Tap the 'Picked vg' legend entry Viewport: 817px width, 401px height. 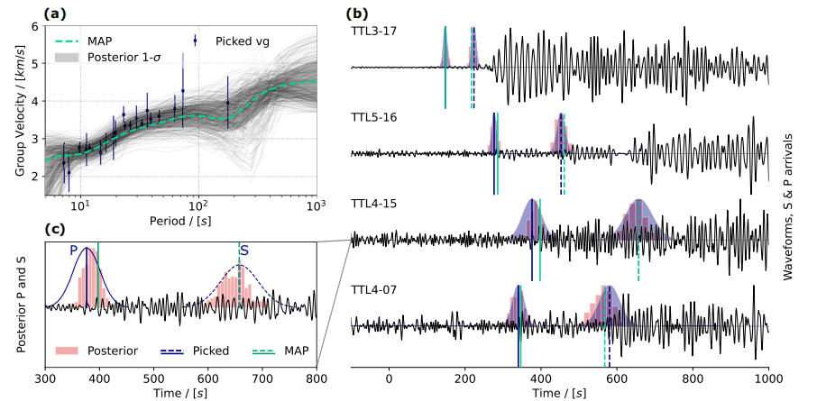[243, 41]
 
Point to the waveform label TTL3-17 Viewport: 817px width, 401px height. [374, 31]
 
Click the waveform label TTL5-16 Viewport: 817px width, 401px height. [374, 117]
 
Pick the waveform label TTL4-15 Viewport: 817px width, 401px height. [374, 204]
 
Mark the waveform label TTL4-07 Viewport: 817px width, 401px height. [374, 290]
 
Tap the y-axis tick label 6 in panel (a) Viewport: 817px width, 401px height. [35, 26]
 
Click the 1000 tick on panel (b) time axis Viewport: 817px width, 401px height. [768, 380]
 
